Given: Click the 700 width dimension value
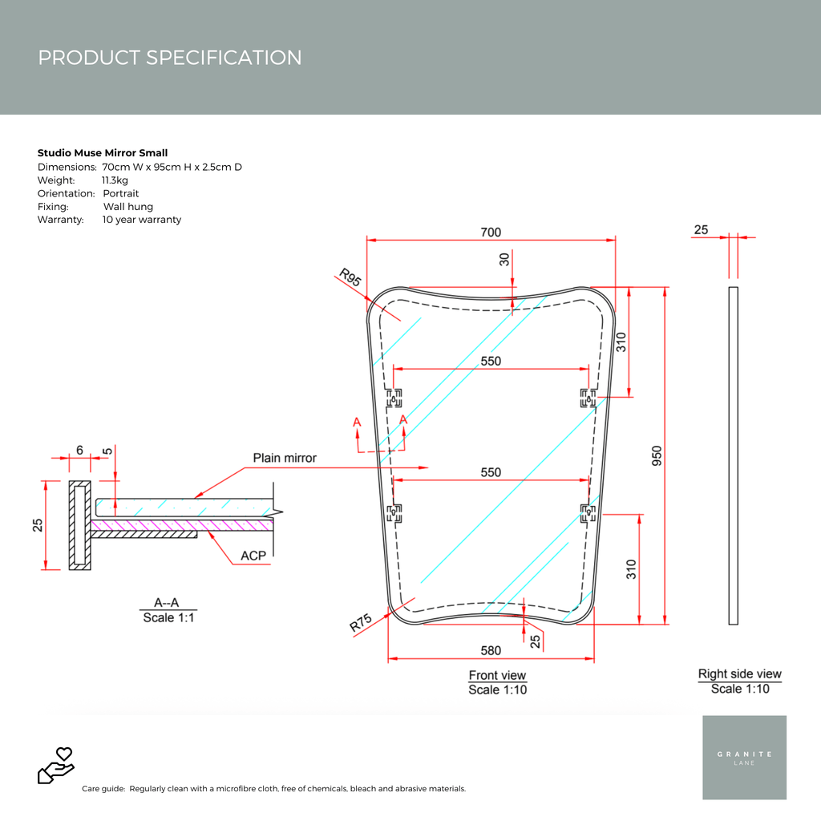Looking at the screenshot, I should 491,233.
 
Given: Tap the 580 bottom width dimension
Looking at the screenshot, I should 491,651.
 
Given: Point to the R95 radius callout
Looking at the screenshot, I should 350,278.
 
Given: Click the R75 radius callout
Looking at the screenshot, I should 361,624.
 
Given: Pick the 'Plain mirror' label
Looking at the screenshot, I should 285,458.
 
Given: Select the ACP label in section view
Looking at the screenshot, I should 253,556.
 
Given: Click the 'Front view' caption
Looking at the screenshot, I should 497,676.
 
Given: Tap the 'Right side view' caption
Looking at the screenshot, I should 739,674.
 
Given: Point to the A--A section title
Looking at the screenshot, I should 168,603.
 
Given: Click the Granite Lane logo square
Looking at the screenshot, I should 744,758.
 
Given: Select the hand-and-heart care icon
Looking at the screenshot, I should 56,765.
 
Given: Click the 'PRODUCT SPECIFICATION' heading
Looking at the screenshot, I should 170,58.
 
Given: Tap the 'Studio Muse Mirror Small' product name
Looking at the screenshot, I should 103,153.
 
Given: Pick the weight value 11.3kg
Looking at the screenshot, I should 115,180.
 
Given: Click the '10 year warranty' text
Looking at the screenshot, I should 142,220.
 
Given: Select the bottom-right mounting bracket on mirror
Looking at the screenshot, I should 588,512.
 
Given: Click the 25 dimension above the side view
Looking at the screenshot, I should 701,230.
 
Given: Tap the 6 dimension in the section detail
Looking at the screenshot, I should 79,451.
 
